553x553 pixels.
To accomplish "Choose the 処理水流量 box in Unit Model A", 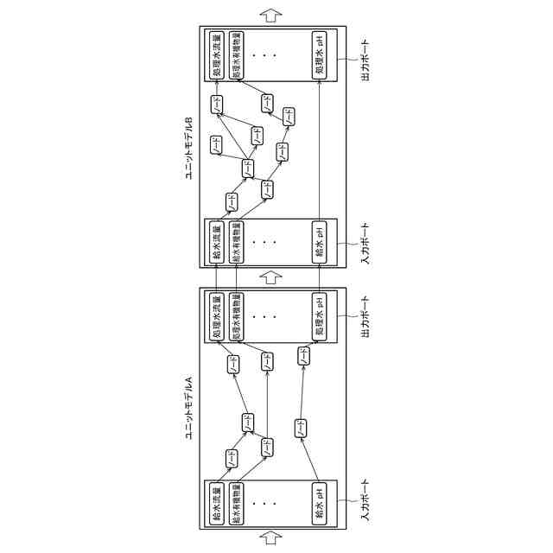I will [217, 315].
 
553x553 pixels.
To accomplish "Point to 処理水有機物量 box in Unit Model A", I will [235, 315].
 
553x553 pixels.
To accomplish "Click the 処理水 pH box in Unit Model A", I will [319, 315].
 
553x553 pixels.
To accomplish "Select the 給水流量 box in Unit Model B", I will [217, 242].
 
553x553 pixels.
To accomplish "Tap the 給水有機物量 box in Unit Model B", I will [235, 242].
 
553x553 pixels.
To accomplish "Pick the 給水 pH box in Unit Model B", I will [319, 242].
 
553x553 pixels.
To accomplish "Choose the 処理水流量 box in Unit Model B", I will [217, 55].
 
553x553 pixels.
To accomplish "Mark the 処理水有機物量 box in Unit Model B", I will [235, 55].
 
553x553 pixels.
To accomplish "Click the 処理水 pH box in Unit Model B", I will [319, 55].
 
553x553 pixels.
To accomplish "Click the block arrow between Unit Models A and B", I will [272, 278].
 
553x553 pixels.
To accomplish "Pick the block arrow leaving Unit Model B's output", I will [272, 14].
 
